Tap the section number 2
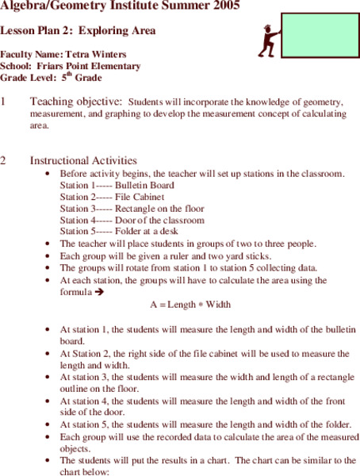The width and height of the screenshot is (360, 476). tap(4, 160)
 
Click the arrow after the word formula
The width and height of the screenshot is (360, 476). tap(99, 292)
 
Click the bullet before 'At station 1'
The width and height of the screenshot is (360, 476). tap(52, 329)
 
